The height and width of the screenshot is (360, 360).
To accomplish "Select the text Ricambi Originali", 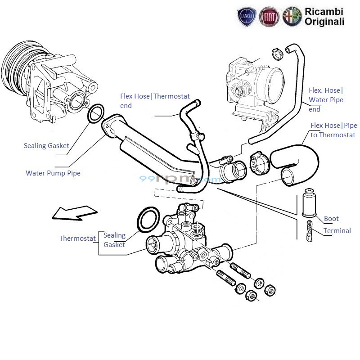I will pyautogui.click(x=324, y=16).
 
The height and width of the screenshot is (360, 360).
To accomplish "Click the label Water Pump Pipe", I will pyautogui.click(x=53, y=173).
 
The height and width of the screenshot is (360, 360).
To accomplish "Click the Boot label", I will pyautogui.click(x=331, y=219).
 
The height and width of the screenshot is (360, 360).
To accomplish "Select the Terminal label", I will pyautogui.click(x=337, y=231).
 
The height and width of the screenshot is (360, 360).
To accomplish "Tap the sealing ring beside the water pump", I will pyautogui.click(x=96, y=114).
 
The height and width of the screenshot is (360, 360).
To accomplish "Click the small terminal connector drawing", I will pyautogui.click(x=309, y=231).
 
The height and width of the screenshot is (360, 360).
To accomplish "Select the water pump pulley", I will pyautogui.click(x=16, y=67).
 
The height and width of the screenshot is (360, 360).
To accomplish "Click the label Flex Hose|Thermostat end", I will pyautogui.click(x=155, y=101).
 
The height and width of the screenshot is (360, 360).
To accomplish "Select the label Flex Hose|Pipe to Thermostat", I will pyautogui.click(x=333, y=130).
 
